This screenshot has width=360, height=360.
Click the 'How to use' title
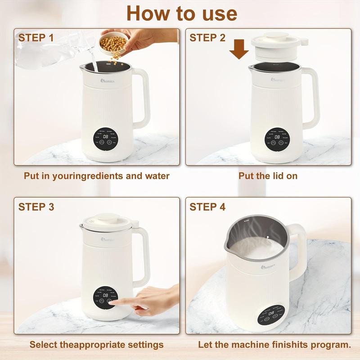[x=181, y=13]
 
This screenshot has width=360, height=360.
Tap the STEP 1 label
[x=36, y=38]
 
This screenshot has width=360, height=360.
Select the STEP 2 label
[x=207, y=38]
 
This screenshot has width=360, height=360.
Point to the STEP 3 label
[x=36, y=207]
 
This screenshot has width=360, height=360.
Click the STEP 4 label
[x=207, y=207]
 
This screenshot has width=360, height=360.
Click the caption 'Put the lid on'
[x=268, y=176]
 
